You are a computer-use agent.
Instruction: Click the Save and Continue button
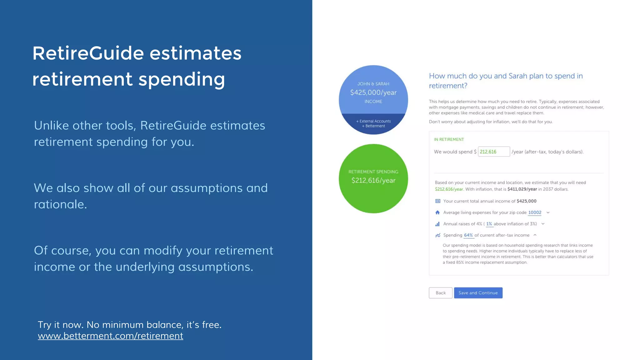coord(478,293)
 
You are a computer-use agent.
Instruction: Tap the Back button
coord(440,293)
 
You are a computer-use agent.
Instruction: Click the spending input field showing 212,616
coord(493,152)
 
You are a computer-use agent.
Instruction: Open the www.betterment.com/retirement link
coord(110,336)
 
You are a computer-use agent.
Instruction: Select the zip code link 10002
coord(534,212)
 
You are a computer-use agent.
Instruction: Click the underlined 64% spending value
coord(468,235)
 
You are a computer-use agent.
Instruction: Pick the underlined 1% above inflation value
coord(489,224)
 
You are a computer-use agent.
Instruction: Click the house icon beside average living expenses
coord(437,212)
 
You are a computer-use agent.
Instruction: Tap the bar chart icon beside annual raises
coord(437,224)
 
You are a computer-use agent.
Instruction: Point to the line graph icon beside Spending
coord(437,235)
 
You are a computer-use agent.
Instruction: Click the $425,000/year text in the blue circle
coord(373,92)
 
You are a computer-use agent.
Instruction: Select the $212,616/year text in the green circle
coord(373,180)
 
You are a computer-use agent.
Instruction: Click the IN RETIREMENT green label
coord(448,139)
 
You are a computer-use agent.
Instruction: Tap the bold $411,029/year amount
coord(522,189)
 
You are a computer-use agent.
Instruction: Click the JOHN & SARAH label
coord(373,84)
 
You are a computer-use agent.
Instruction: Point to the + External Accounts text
coord(373,121)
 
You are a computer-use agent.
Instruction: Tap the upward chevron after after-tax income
coord(535,235)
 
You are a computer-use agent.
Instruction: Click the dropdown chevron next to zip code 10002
coord(548,212)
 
